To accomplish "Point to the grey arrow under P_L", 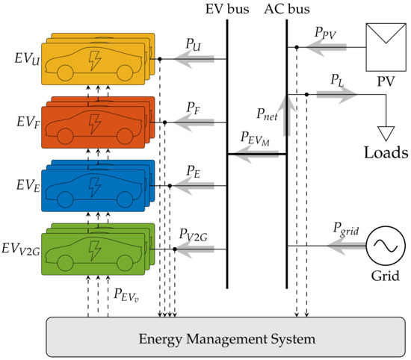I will click(336, 94).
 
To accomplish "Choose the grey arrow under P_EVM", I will click(256, 155).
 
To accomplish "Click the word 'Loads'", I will click(386, 153).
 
